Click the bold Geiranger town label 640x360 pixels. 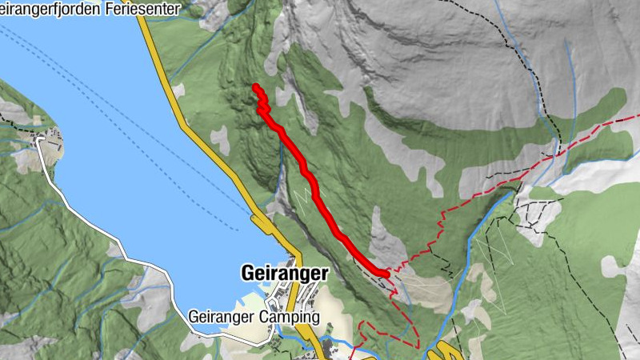284,274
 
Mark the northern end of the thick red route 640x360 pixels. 255,86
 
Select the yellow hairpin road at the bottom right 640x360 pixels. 441,353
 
